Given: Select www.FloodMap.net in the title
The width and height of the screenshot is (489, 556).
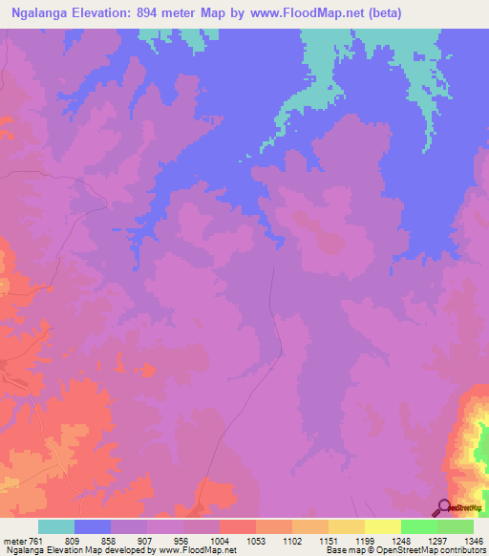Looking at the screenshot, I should (308, 13).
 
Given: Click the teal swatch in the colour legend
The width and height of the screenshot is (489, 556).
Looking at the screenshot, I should (56, 527).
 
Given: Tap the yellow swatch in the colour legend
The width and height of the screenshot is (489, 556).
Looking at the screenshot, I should (383, 527).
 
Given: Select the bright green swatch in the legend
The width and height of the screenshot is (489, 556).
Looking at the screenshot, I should (419, 527).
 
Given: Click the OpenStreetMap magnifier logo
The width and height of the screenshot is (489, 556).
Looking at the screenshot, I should (442, 507).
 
